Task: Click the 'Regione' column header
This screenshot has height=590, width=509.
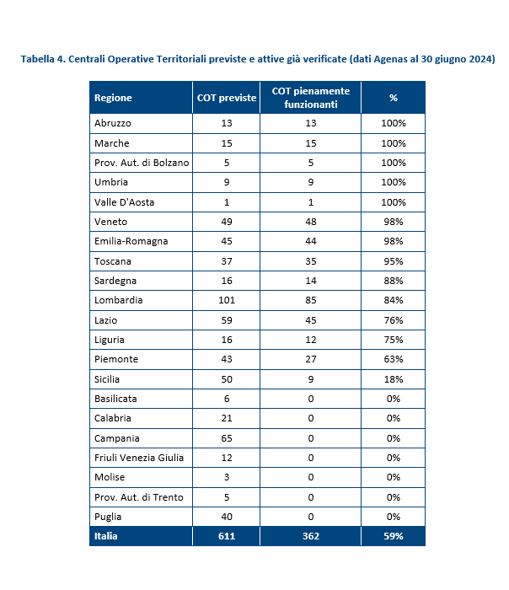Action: pos(113,98)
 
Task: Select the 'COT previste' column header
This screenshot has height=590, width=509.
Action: pos(227,98)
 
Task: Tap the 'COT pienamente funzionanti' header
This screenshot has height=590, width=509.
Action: pos(311,98)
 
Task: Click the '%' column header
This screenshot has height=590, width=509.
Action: pos(394,98)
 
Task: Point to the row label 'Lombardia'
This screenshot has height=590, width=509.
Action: pos(119,300)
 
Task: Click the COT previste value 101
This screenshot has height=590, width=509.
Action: pos(227,300)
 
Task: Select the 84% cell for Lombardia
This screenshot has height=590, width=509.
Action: pos(394,300)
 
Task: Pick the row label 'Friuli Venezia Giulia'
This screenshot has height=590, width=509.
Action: pos(139,458)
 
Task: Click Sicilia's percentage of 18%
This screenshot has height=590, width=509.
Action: pos(394,379)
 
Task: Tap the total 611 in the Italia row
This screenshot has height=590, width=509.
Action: pos(227,536)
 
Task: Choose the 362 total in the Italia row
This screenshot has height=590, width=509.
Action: pos(311,536)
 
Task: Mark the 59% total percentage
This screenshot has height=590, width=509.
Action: pos(394,536)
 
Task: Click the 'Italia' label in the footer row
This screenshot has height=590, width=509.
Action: pos(105,536)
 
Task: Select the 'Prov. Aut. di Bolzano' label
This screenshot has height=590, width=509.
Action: pos(142,163)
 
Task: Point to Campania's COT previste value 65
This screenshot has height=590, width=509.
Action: pos(227,438)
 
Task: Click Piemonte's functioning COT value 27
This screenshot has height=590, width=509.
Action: pos(311,359)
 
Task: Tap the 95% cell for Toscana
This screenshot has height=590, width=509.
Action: pos(394,261)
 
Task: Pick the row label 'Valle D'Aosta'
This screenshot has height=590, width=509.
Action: pos(124,202)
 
